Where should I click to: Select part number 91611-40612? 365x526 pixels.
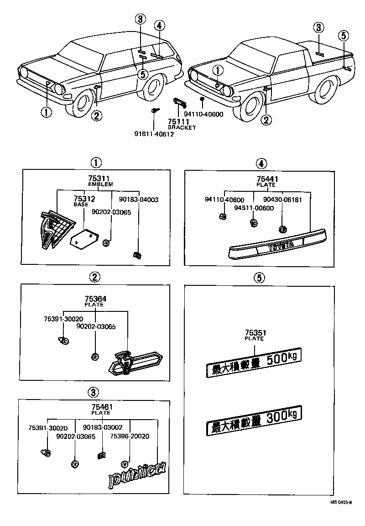(x=154, y=134)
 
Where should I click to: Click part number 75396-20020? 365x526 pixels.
(x=129, y=436)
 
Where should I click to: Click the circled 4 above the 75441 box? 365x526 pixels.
(x=261, y=163)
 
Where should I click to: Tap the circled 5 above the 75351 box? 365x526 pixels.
(x=258, y=277)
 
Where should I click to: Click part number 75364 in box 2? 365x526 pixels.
(x=94, y=299)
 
